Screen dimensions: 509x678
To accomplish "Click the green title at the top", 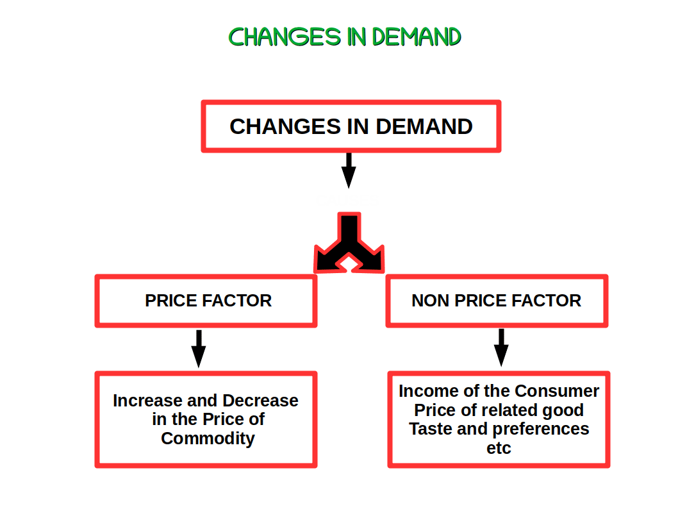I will (x=345, y=37).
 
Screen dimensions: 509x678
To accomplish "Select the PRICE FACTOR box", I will (x=206, y=301).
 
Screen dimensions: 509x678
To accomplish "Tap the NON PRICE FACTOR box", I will (x=497, y=301).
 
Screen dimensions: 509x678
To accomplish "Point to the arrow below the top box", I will (x=348, y=169).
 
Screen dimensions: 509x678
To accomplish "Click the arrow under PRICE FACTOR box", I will (x=199, y=349).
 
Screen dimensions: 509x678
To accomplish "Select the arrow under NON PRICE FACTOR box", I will (x=501, y=347).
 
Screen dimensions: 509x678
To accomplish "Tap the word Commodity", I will (x=208, y=438).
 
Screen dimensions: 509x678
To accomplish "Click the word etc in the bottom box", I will (x=499, y=448).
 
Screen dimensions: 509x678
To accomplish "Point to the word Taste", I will (x=430, y=429).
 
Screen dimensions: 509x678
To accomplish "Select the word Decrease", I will (x=260, y=401).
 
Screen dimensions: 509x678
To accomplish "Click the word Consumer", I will (x=557, y=391).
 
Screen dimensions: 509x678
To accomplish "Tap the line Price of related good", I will (x=499, y=410).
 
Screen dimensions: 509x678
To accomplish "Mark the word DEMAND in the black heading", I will (x=424, y=126).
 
